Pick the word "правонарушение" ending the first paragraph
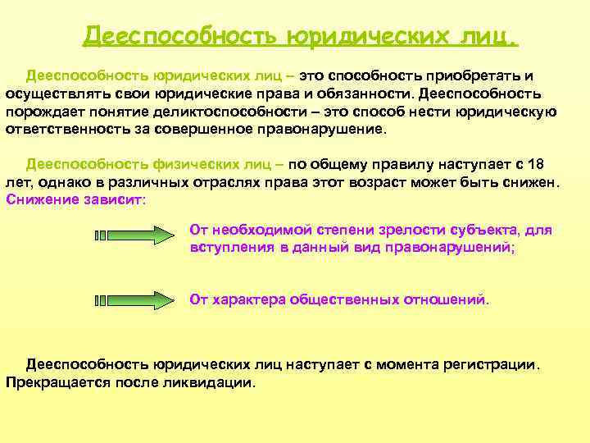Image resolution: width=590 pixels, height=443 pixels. (328, 130)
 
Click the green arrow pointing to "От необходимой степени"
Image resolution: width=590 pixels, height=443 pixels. (135, 236)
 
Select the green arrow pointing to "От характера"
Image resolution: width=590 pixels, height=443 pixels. (135, 299)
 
